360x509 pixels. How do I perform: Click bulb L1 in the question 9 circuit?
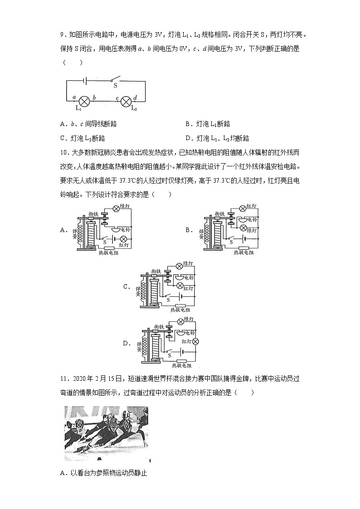(x=84, y=101)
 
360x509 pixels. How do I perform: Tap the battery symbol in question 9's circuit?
(x=85, y=81)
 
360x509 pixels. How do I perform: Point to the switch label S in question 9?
(x=115, y=85)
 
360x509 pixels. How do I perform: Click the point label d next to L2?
(x=135, y=97)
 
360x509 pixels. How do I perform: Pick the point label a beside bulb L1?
(x=74, y=97)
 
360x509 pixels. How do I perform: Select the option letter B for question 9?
(x=188, y=124)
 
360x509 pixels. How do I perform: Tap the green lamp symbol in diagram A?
(x=116, y=208)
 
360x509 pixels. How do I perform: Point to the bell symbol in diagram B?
(x=243, y=219)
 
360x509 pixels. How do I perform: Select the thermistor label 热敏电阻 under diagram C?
(x=180, y=310)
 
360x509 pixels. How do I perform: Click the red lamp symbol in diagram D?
(x=195, y=341)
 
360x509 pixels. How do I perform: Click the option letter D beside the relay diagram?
(x=126, y=343)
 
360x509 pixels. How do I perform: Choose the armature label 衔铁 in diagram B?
(x=220, y=213)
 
